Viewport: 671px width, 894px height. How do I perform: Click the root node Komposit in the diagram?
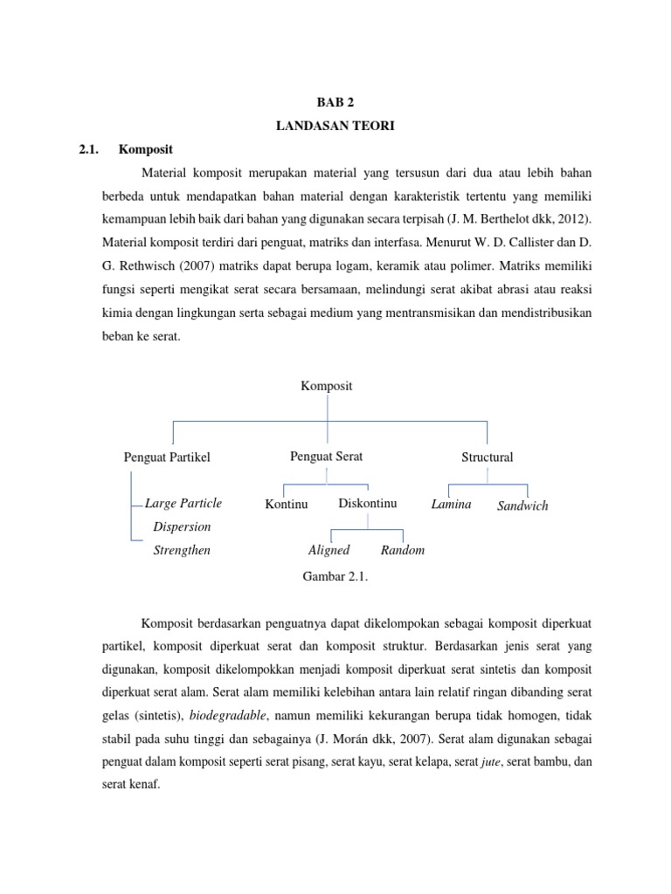(327, 386)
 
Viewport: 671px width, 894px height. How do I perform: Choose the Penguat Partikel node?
(167, 457)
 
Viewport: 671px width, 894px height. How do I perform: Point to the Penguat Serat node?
(326, 457)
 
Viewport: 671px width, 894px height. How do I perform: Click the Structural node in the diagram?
(487, 457)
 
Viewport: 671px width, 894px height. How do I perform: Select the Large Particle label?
(183, 504)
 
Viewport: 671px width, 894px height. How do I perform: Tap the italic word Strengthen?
(182, 551)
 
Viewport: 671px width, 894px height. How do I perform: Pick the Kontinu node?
(287, 505)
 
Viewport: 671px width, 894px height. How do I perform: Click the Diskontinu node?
(367, 504)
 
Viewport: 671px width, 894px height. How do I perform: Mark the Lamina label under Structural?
(452, 504)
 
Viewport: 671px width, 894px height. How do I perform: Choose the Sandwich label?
(522, 505)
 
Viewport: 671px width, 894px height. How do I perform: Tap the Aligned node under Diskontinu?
(329, 550)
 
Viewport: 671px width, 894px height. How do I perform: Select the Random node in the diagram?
(403, 550)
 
